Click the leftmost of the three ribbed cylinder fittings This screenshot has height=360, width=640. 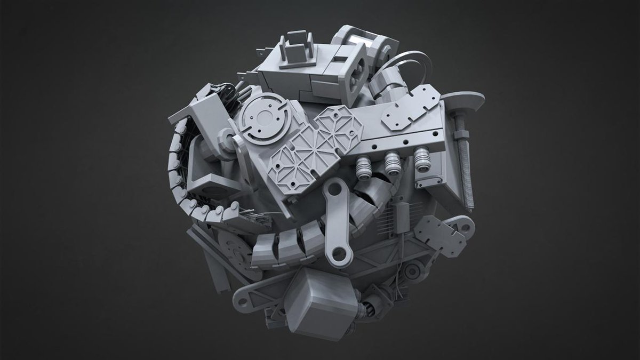click(x=365, y=167)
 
